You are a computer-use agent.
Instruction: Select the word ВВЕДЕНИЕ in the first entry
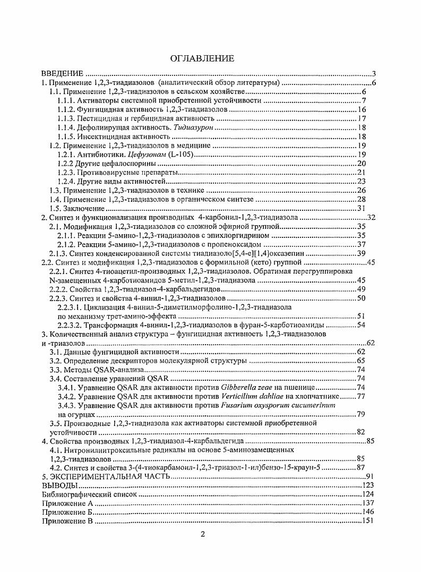point(63,74)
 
